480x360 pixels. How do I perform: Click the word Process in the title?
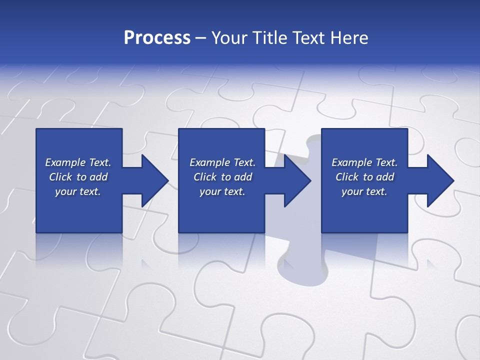pyautogui.click(x=157, y=38)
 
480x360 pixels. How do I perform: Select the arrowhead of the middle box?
pyautogui.click(x=296, y=180)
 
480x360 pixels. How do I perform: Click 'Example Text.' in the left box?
pyautogui.click(x=78, y=162)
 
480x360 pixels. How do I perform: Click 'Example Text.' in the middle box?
pyautogui.click(x=222, y=162)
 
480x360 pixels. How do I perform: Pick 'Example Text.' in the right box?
pyautogui.click(x=364, y=162)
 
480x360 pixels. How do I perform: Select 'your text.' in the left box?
pyautogui.click(x=78, y=191)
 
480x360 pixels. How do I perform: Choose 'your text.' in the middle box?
pyautogui.click(x=222, y=191)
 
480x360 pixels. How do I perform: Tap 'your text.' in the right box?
pyautogui.click(x=364, y=191)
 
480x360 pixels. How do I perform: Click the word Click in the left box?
pyautogui.click(x=60, y=177)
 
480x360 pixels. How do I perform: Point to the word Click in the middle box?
pyautogui.click(x=205, y=177)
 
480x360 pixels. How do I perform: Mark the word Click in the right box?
pyautogui.click(x=347, y=177)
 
